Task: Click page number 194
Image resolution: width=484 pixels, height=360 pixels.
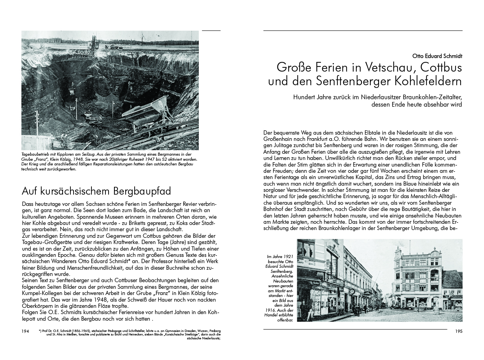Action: pos(26,331)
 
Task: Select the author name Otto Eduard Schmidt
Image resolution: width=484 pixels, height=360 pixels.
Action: pos(437,56)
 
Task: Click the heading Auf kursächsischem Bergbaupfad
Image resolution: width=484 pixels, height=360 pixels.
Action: pos(96,191)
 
